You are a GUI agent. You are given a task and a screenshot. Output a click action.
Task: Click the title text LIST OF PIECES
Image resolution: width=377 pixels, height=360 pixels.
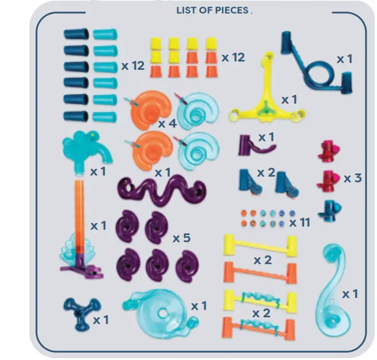[212, 10]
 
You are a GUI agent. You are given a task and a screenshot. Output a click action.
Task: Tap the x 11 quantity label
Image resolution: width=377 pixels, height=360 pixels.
[299, 222]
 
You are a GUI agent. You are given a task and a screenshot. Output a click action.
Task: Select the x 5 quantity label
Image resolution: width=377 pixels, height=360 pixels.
[182, 238]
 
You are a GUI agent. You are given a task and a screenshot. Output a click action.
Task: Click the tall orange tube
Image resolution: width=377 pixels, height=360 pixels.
[79, 214]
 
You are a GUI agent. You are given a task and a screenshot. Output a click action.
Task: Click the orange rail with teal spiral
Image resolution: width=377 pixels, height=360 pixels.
[260, 326]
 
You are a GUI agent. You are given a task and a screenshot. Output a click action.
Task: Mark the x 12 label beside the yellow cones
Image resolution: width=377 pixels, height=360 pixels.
[233, 57]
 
